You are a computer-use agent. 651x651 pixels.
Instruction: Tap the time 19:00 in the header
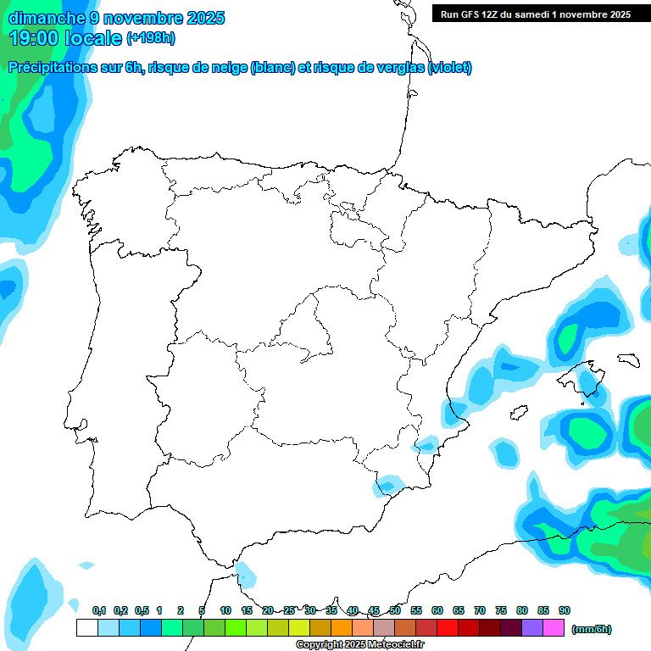click(35, 38)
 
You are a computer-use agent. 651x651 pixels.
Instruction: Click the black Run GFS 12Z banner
click(535, 14)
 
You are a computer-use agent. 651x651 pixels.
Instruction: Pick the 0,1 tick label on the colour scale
click(99, 610)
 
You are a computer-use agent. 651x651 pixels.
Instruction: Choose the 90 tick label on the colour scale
click(565, 610)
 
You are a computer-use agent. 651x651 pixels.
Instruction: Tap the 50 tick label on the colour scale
click(395, 610)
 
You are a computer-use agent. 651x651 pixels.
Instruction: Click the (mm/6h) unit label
click(592, 629)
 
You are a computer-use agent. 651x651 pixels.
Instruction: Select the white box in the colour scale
click(86, 627)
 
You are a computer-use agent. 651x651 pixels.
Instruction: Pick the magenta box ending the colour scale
click(554, 627)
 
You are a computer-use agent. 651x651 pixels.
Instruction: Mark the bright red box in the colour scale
click(448, 627)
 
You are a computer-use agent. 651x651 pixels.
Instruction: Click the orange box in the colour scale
click(342, 627)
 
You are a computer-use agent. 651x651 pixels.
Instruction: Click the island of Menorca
click(628, 359)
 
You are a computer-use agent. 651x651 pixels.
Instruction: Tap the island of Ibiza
click(516, 413)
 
